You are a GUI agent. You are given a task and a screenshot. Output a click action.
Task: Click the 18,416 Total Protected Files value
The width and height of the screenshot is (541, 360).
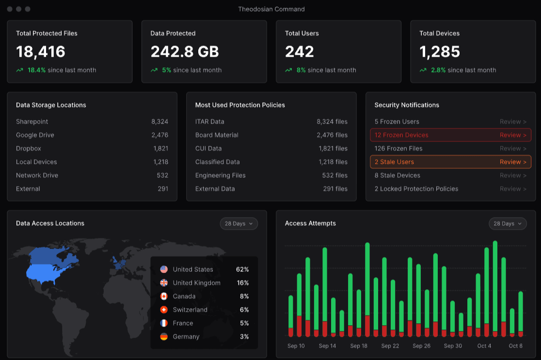pyautogui.click(x=41, y=52)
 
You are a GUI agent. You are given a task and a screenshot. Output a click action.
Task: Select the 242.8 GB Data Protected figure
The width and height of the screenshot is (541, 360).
pyautogui.click(x=185, y=52)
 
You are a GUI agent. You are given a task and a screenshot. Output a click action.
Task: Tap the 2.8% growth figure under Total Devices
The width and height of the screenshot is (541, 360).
pyautogui.click(x=438, y=70)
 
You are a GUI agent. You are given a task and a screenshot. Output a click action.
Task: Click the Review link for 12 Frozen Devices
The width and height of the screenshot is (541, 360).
pyautogui.click(x=513, y=135)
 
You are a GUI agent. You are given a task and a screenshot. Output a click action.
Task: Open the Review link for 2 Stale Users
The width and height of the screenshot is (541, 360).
pyautogui.click(x=513, y=162)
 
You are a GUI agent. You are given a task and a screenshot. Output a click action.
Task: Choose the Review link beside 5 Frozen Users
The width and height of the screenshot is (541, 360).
pyautogui.click(x=513, y=122)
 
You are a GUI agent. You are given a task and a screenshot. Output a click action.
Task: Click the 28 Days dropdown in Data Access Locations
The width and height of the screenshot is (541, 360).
pyautogui.click(x=239, y=223)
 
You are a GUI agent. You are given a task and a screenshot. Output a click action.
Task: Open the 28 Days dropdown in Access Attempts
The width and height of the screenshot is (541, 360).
pyautogui.click(x=508, y=223)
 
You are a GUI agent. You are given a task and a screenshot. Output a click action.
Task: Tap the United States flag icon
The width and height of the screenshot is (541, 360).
pyautogui.click(x=164, y=269)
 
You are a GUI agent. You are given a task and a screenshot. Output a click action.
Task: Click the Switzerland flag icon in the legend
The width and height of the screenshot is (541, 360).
pyautogui.click(x=164, y=310)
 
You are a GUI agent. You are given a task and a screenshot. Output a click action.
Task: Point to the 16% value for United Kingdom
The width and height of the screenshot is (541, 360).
pyautogui.click(x=242, y=283)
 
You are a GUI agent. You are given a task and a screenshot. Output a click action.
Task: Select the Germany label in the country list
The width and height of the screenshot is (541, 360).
pyautogui.click(x=186, y=337)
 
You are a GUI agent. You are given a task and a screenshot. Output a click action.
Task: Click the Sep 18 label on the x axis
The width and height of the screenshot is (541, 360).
pyautogui.click(x=359, y=346)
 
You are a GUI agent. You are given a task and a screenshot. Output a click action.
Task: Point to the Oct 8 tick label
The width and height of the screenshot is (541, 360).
pyautogui.click(x=516, y=346)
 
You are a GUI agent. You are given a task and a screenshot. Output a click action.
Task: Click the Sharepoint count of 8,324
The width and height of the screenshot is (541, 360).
pyautogui.click(x=159, y=122)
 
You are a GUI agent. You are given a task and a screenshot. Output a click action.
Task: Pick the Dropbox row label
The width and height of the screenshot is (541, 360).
pyautogui.click(x=29, y=149)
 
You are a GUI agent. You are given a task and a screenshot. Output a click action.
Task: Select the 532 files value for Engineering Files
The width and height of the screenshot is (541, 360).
pyautogui.click(x=334, y=175)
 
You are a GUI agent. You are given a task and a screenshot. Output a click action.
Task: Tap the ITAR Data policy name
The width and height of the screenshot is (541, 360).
pyautogui.click(x=209, y=122)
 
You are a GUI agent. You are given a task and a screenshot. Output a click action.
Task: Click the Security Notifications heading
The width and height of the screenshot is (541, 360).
pyautogui.click(x=407, y=105)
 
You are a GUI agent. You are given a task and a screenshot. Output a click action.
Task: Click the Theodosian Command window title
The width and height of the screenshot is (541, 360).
pyautogui.click(x=271, y=9)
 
